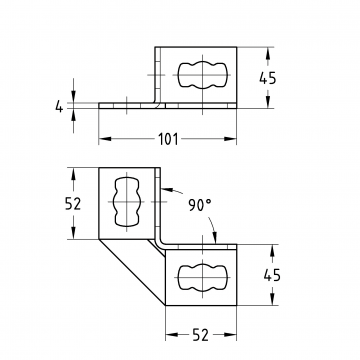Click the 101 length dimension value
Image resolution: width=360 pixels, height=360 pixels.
(x=168, y=139)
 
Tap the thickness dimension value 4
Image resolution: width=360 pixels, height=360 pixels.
(x=59, y=107)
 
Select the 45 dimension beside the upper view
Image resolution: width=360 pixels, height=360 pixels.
(x=268, y=78)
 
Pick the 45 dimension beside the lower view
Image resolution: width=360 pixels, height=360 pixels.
(x=272, y=276)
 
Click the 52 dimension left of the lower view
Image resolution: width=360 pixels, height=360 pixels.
(x=73, y=204)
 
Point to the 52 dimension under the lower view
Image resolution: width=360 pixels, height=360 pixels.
(x=201, y=335)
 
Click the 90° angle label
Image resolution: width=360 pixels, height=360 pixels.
(x=200, y=205)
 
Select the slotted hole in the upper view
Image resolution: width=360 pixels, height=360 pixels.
(x=202, y=75)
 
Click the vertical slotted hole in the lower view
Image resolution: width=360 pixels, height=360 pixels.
(x=127, y=202)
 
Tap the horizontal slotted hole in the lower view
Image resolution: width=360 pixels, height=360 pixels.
(x=202, y=277)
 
